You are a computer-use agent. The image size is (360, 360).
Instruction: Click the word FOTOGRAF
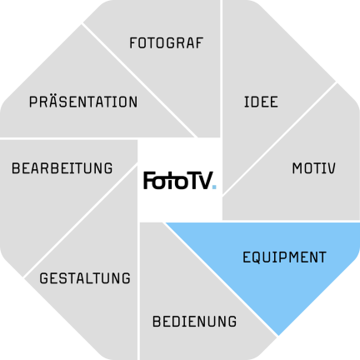coord(167,43)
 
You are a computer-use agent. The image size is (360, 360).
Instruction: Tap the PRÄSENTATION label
coord(83,101)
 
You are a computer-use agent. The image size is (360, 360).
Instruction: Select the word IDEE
coord(261,102)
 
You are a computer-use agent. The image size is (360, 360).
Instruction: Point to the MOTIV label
coord(313,168)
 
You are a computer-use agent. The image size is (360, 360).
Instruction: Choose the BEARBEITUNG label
coord(62,168)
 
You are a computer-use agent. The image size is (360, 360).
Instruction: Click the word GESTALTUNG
coord(85,278)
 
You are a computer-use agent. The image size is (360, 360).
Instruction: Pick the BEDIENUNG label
coord(194,322)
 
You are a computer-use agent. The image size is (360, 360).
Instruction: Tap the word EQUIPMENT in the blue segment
coord(284,257)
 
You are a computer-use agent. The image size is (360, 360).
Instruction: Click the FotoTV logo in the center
coord(180,181)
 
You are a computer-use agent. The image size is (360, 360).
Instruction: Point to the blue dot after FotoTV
coord(214,187)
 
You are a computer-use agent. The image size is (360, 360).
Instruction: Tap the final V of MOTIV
coord(331,168)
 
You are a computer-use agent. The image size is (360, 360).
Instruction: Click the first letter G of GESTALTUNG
coord(44,278)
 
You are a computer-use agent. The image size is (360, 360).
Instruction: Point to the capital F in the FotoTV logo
coord(148,181)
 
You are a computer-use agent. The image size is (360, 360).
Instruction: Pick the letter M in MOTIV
coord(297,168)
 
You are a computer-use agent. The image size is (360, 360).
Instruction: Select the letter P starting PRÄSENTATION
coord(33,102)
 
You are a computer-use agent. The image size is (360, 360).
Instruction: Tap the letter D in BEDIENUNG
coord(176,322)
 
